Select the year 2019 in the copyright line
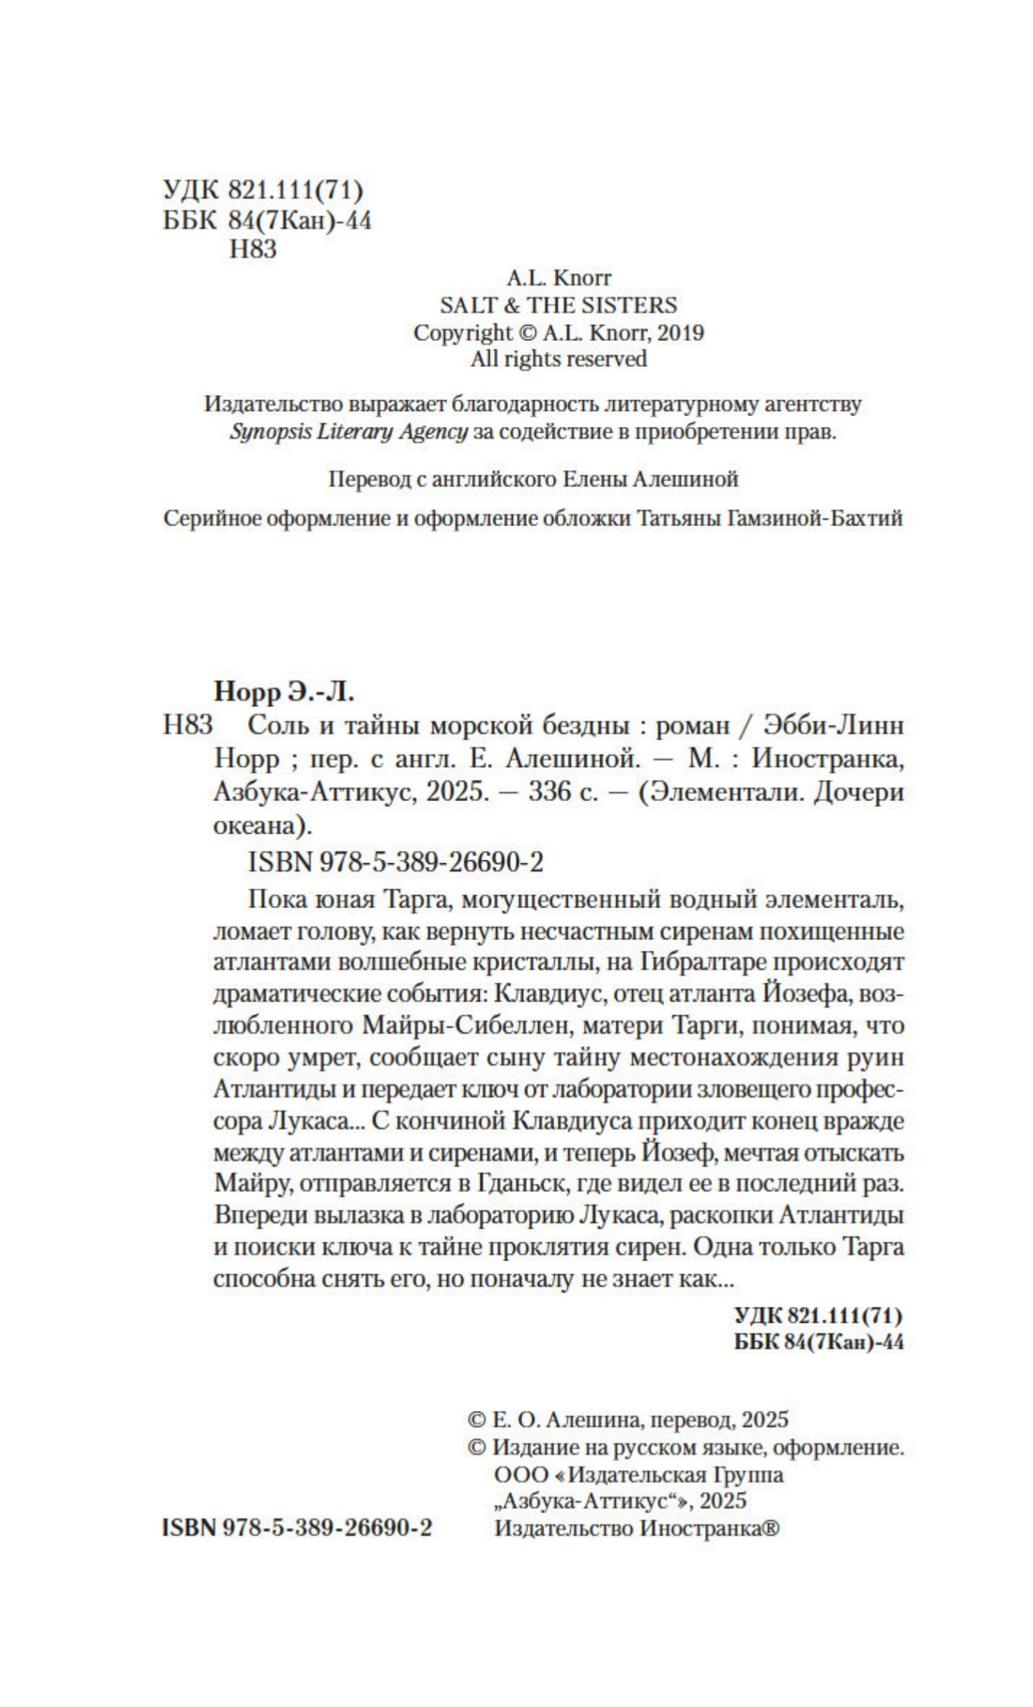[x=680, y=332]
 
